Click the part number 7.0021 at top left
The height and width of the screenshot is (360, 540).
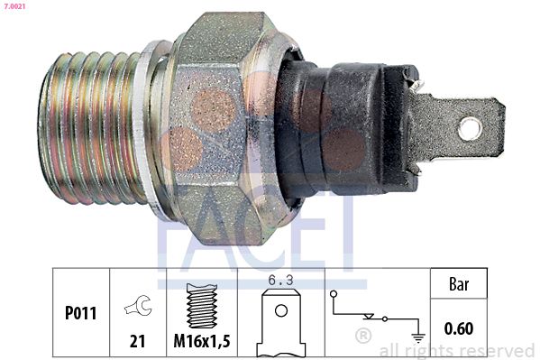(14, 5)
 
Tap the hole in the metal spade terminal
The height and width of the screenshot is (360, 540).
(470, 128)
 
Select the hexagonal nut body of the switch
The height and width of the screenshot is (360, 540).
(220, 128)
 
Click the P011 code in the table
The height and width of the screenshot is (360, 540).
(81, 313)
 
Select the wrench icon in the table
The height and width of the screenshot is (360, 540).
(139, 305)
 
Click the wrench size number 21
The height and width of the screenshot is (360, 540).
(137, 341)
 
